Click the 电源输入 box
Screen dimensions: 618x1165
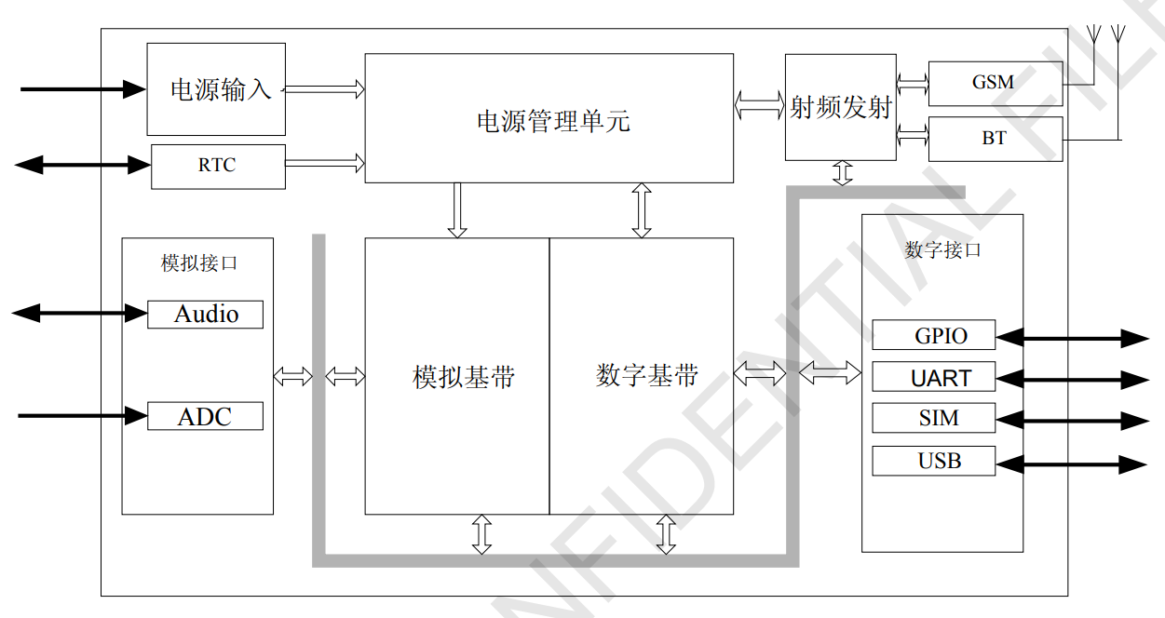216,89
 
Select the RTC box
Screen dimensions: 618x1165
218,166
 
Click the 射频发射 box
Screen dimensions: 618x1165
841,107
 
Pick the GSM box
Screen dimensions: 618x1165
995,83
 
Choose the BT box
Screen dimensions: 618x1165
995,139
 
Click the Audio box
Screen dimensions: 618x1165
205,315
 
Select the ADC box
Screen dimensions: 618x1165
205,416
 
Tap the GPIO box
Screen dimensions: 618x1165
933,335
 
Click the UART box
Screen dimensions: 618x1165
933,377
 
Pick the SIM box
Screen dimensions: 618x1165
933,418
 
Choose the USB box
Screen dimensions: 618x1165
933,461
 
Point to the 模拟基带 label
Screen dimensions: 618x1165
463,377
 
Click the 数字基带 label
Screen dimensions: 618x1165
647,375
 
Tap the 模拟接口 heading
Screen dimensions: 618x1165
198,263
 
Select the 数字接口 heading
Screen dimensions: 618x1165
942,250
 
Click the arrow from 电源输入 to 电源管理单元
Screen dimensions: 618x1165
324,89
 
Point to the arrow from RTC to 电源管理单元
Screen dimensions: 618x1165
324,164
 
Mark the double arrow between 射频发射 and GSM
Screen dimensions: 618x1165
913,84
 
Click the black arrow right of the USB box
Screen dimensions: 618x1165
1071,463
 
